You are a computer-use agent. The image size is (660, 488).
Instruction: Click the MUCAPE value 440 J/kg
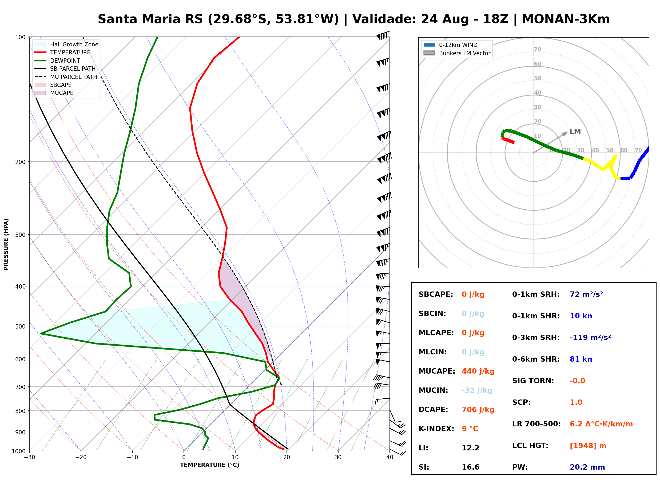coord(478,371)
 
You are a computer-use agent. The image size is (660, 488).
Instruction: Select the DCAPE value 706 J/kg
coord(478,409)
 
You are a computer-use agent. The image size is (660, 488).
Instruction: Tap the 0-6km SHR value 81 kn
coord(581,359)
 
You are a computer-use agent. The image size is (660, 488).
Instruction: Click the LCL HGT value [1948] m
coord(588,446)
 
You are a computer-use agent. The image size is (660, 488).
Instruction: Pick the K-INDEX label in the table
coord(436,429)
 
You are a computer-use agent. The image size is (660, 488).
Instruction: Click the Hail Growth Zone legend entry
coord(66,44)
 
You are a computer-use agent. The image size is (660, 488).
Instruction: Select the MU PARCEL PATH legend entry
coord(66,77)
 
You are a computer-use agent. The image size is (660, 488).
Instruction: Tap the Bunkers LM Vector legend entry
coord(457,53)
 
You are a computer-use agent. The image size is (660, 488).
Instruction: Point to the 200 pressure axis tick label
coord(20,162)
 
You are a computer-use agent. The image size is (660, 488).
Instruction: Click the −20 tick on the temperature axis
coord(81,457)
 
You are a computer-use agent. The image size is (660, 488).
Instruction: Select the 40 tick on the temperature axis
coord(390,457)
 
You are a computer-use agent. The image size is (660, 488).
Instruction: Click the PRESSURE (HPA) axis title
coord(6,244)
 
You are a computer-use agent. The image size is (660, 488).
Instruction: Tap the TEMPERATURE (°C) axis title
coord(210,465)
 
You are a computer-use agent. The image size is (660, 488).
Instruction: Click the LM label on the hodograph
coord(575,132)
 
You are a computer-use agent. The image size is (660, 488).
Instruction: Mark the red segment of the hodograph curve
coord(508,140)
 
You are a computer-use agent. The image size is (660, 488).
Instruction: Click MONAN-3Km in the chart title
coord(566,19)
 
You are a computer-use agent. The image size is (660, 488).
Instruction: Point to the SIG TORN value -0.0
coord(577,381)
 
